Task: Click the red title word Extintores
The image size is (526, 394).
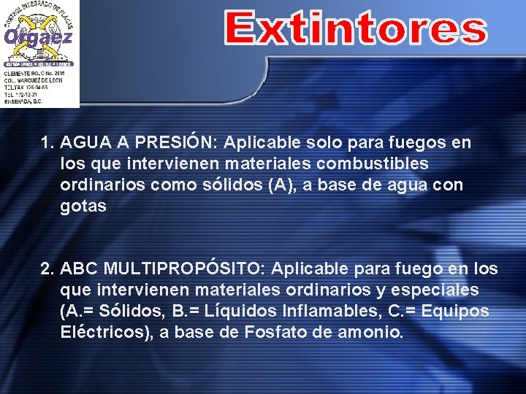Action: coord(355,28)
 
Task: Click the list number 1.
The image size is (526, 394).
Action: coord(47,143)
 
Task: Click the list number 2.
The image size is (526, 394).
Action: coord(47,269)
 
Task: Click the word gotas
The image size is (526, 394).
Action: coord(83,206)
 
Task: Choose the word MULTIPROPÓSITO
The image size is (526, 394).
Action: coord(185,269)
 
